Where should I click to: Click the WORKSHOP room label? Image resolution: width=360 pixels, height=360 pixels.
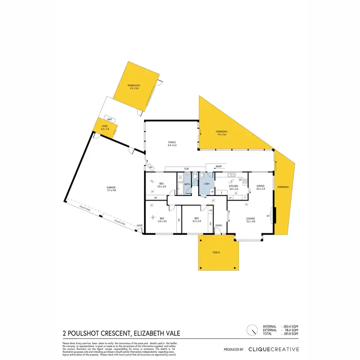click(x=133, y=86)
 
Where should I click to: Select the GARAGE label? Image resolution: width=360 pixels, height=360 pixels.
click(x=111, y=187)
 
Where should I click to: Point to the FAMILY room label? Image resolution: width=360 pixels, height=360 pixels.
click(x=171, y=143)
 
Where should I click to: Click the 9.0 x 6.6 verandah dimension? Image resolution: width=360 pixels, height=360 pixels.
click(x=221, y=135)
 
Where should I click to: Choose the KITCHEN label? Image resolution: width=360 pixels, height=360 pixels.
click(x=234, y=186)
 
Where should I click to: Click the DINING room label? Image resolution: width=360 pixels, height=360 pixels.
click(x=260, y=186)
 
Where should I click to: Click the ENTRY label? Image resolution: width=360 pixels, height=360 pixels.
click(x=219, y=225)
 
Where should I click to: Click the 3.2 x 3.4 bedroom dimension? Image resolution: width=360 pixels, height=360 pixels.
click(x=196, y=221)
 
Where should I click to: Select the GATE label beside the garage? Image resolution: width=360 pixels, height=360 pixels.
click(x=140, y=225)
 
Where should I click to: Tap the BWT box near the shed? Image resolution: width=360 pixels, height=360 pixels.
click(x=110, y=119)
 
